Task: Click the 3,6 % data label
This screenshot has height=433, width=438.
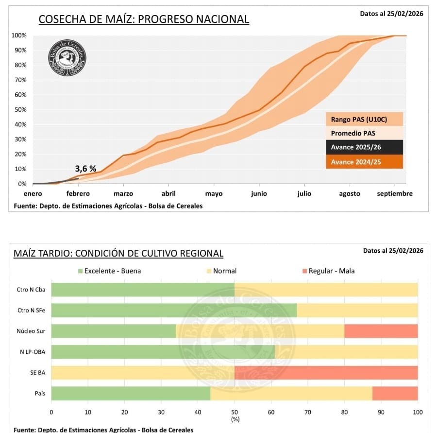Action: (85, 169)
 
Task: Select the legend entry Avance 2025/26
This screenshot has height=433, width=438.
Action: (364, 147)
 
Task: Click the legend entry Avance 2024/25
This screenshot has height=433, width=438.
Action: (364, 162)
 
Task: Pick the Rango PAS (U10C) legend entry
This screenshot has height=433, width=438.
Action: (364, 119)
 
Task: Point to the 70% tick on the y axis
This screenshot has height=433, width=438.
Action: (19, 80)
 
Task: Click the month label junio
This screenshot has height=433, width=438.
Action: (259, 194)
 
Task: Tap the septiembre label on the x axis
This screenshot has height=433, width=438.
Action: (395, 194)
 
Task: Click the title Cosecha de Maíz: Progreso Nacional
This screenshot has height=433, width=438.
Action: (144, 19)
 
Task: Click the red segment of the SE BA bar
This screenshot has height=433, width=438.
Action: (326, 373)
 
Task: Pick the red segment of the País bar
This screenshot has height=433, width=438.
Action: (395, 393)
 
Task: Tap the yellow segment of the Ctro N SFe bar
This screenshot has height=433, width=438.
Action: (357, 310)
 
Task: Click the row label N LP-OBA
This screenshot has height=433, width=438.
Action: (33, 352)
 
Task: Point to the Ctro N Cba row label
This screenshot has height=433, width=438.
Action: (31, 290)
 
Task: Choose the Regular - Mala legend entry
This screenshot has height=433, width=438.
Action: (331, 271)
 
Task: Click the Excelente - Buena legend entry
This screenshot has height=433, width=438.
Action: (112, 271)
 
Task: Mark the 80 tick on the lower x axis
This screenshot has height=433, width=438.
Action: (344, 412)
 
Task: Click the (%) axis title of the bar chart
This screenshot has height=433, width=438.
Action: (235, 419)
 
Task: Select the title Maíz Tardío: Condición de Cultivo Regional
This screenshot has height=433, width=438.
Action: (118, 253)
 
